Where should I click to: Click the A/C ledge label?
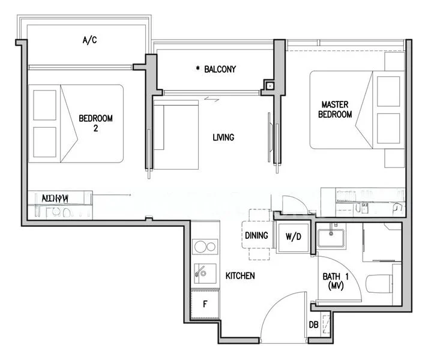tap(89, 40)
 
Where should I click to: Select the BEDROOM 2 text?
tap(95, 122)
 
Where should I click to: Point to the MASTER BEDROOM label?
tap(335, 109)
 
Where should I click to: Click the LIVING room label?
tap(223, 137)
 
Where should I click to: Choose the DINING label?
tap(256, 235)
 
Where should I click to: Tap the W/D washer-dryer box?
tap(292, 236)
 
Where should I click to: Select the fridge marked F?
tap(205, 304)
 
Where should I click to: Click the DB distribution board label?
tap(313, 325)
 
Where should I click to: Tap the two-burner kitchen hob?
tap(205, 247)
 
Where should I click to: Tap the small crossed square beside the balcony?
tap(270, 87)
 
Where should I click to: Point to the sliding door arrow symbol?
tap(211, 99)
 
